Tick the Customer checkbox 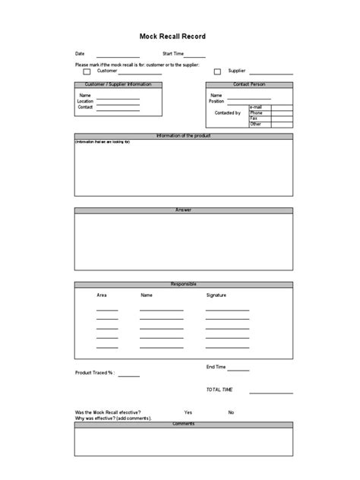point(87,71)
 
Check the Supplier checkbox point(217,71)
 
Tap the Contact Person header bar point(249,84)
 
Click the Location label point(85,101)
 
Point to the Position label point(216,101)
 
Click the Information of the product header point(183,136)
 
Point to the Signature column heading point(216,295)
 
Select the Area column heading point(101,295)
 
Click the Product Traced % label point(94,373)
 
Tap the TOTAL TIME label point(219,390)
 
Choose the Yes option point(188,412)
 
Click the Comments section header point(183,423)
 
